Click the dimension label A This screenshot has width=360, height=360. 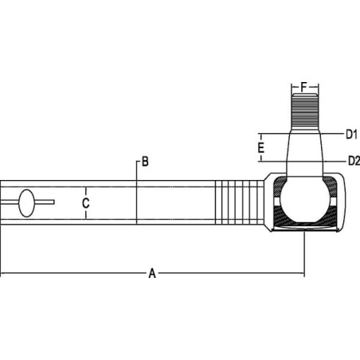(152, 273)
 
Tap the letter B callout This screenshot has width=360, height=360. (145, 162)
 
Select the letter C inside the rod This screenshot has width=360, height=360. (85, 203)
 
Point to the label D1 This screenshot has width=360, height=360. (351, 135)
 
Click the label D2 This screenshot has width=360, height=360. (354, 161)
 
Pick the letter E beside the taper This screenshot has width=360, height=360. (261, 147)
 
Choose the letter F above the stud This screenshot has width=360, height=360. (304, 87)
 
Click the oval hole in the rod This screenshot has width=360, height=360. (26, 203)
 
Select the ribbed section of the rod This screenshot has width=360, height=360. (239, 202)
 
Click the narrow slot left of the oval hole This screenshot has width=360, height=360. (10, 202)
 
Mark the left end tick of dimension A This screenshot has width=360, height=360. (1, 273)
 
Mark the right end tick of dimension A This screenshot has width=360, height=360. (304, 273)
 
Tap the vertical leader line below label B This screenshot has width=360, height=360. (136, 193)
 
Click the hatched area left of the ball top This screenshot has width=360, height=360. (280, 186)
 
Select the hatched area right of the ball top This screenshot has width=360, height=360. (331, 186)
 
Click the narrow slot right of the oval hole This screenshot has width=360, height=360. (45, 202)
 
